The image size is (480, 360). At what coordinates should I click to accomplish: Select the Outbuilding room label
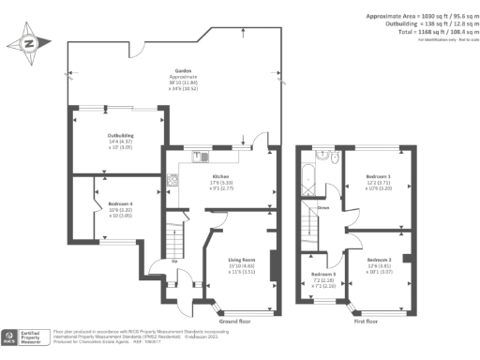(118, 135)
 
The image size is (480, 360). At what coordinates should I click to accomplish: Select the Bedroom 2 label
(379, 259)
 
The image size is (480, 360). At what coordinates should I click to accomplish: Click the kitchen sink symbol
(199, 157)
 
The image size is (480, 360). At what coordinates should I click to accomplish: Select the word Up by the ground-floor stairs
(174, 261)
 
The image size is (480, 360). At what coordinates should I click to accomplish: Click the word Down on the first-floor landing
(322, 208)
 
